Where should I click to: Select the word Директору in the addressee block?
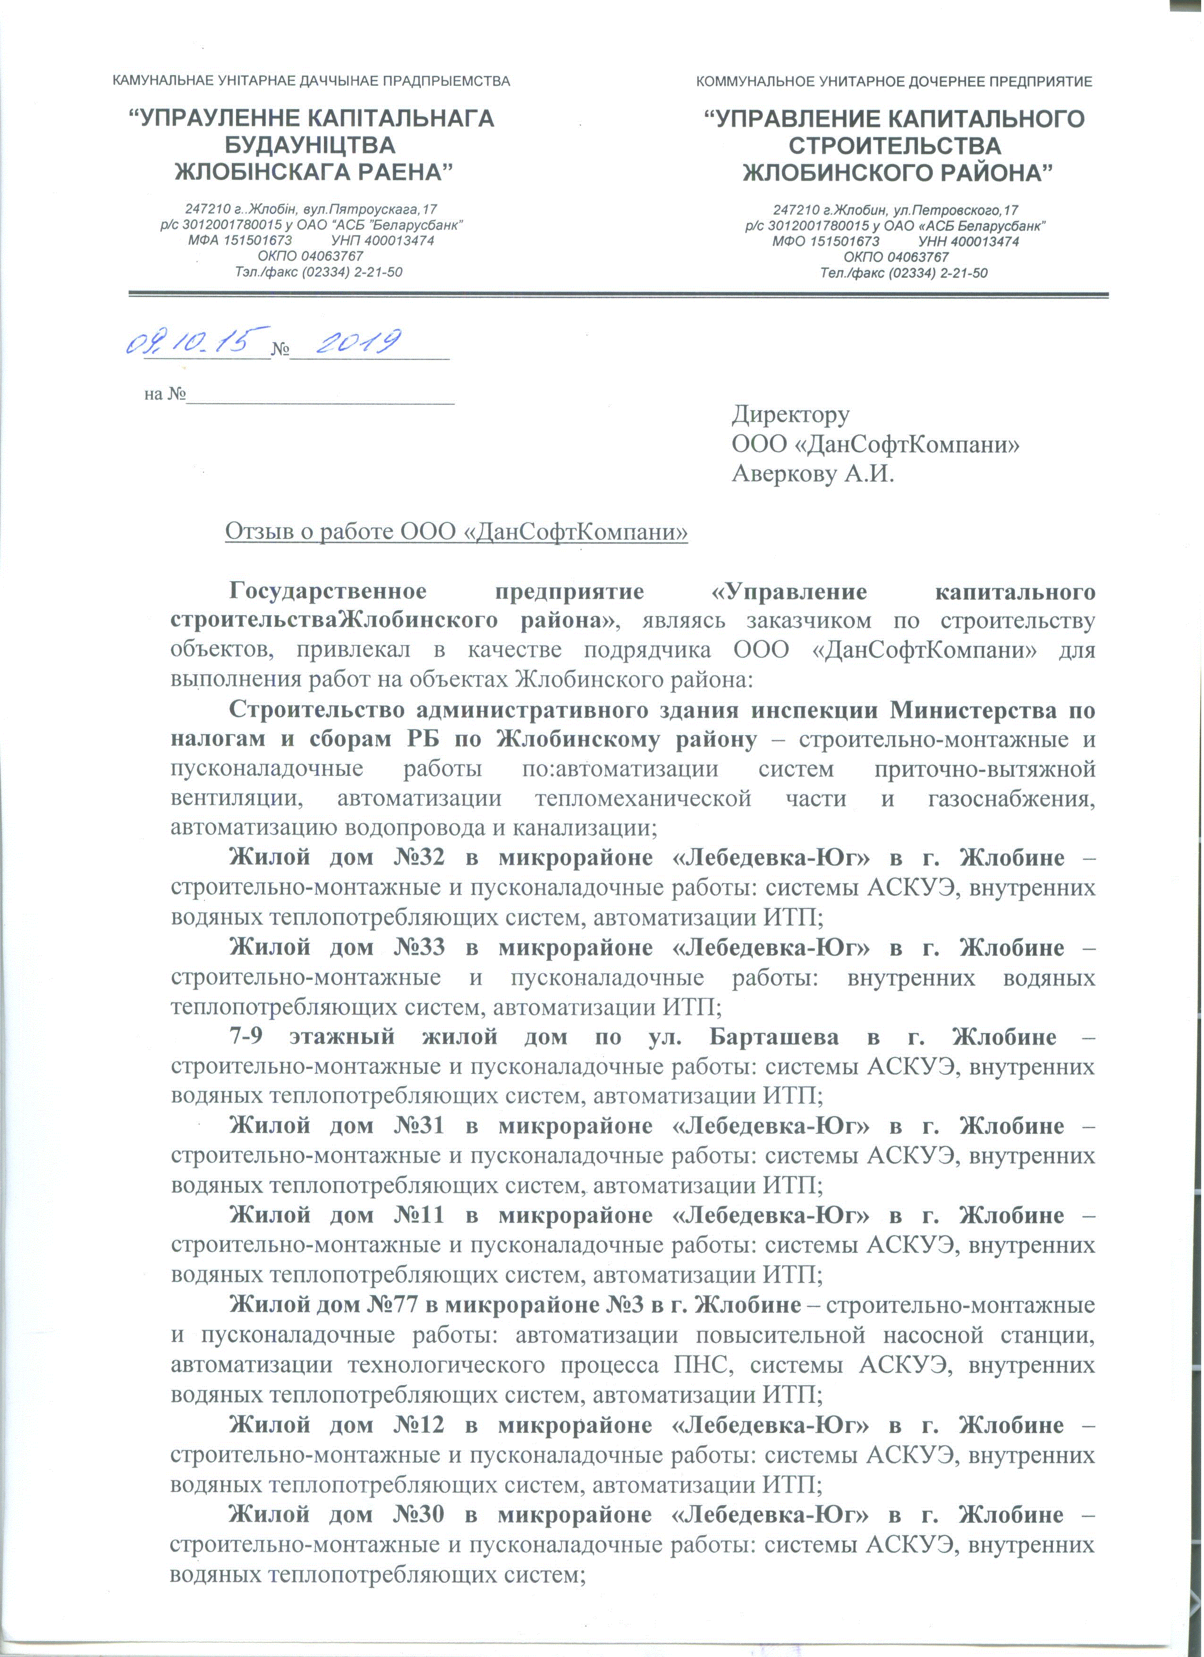pyautogui.click(x=791, y=414)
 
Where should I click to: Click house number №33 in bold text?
pyautogui.click(x=419, y=947)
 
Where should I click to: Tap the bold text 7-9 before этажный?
pyautogui.click(x=248, y=1037)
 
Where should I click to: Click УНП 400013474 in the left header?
pyautogui.click(x=382, y=240)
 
